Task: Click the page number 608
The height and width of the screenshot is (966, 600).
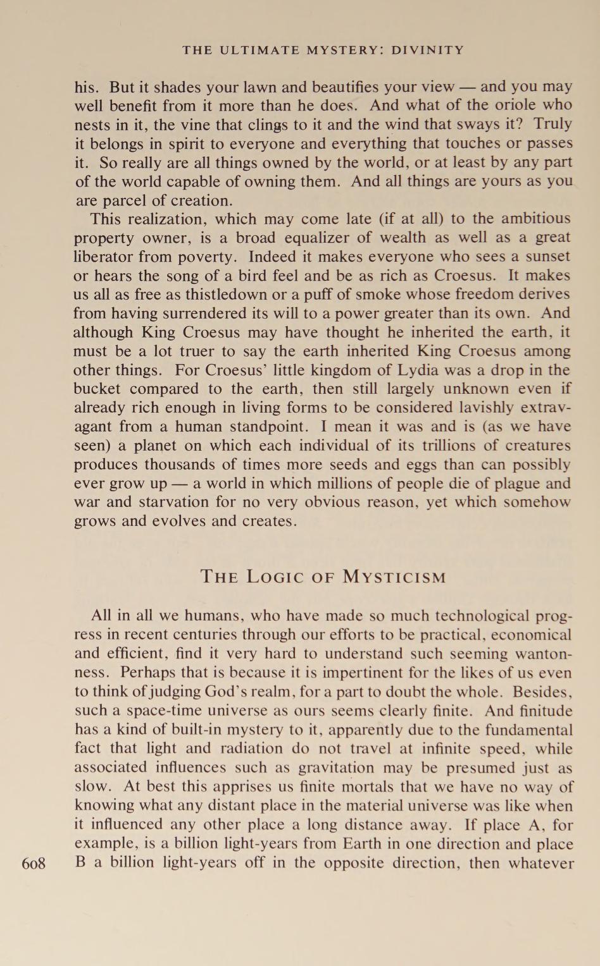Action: (x=34, y=864)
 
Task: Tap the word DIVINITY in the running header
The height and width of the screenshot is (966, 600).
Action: (x=428, y=50)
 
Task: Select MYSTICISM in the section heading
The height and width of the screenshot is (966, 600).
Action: (x=395, y=577)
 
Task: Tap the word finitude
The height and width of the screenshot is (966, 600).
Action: (x=542, y=711)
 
